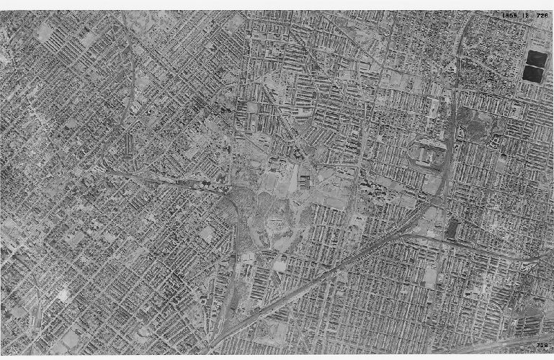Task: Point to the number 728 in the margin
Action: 542,346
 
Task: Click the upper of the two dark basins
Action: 535,58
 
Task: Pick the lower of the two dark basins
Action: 534,73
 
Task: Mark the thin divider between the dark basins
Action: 535,66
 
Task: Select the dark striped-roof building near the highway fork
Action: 452,229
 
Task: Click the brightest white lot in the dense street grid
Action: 63,294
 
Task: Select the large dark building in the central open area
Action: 305,179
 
